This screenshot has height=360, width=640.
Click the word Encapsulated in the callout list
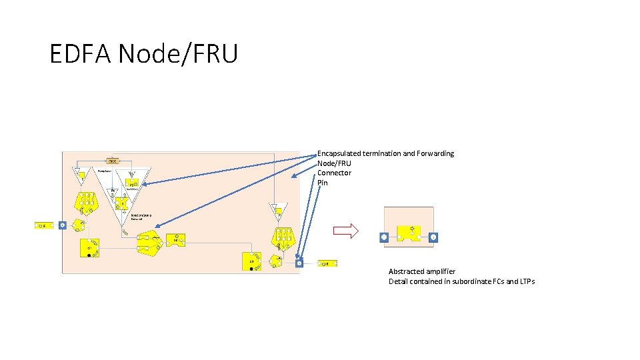click(339, 153)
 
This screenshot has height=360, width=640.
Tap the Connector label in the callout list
click(334, 173)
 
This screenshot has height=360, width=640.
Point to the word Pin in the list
click(323, 183)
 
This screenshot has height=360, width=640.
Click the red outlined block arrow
click(345, 231)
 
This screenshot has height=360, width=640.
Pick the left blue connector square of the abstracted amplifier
click(383, 237)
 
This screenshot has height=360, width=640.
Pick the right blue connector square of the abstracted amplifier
click(433, 237)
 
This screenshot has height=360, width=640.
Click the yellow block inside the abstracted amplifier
click(408, 233)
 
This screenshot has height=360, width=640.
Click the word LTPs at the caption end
click(525, 281)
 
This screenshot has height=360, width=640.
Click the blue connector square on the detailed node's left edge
click(62, 225)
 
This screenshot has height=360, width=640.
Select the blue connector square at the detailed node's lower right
click(299, 263)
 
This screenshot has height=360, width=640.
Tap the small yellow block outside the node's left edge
click(44, 225)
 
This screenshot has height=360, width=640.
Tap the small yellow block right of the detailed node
click(327, 263)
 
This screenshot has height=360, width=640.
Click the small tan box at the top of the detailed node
click(113, 161)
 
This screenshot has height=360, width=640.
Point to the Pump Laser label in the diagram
click(103, 171)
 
